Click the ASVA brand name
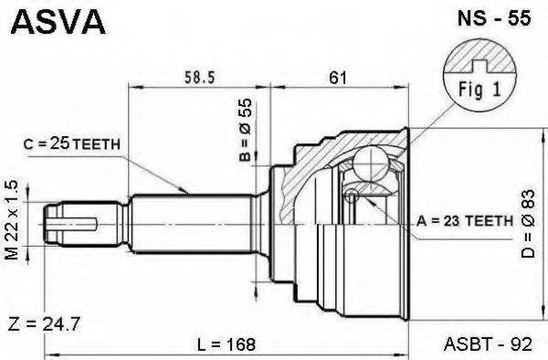(x=58, y=22)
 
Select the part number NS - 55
(x=494, y=18)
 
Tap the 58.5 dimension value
(x=199, y=78)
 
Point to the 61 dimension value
(x=338, y=78)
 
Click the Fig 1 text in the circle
(x=479, y=89)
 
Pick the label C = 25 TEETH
(x=71, y=143)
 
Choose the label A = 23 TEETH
(x=465, y=221)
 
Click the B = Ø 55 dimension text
(x=246, y=130)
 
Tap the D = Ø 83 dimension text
(x=528, y=224)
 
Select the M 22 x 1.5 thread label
(x=12, y=220)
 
